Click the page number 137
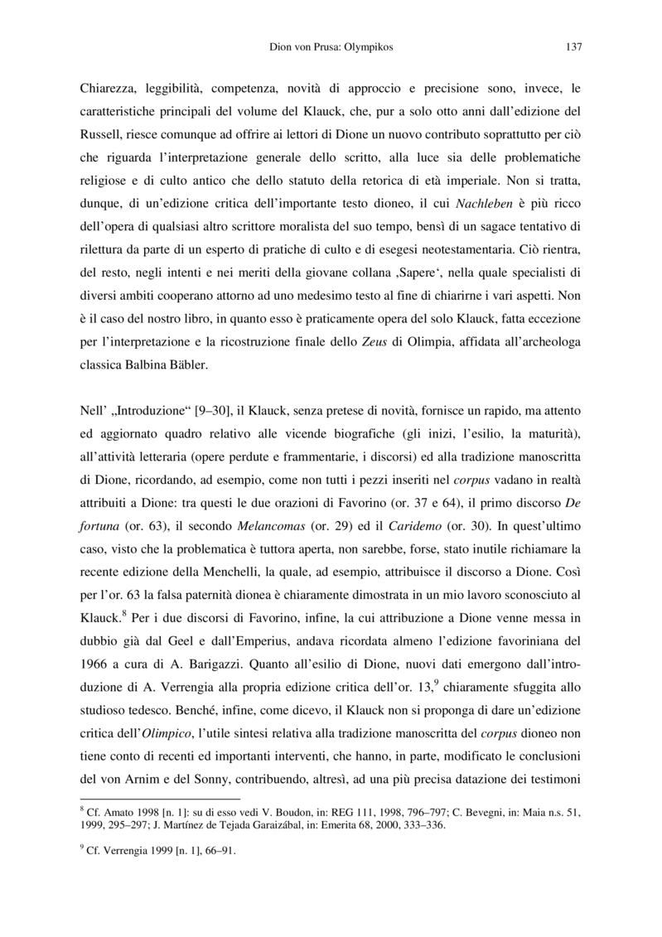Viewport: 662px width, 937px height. point(573,47)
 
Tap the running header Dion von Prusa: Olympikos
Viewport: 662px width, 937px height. point(331,47)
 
